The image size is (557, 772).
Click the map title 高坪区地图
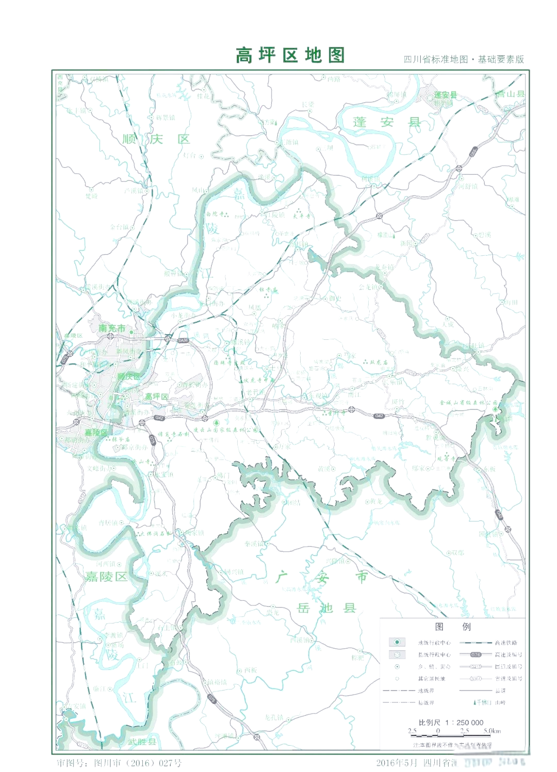(x=290, y=55)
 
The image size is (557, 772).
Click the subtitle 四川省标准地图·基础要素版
(x=464, y=59)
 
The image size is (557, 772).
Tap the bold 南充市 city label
(x=112, y=328)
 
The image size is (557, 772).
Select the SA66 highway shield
(x=183, y=340)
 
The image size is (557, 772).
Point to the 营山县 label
(x=510, y=94)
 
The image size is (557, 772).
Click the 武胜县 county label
(x=142, y=742)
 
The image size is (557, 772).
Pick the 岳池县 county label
(x=326, y=608)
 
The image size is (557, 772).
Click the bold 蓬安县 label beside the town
(x=445, y=95)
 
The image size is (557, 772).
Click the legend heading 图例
(x=453, y=627)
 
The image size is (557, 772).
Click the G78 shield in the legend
(x=476, y=654)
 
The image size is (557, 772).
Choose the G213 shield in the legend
(x=476, y=666)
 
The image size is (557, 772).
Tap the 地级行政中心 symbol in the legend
(x=397, y=642)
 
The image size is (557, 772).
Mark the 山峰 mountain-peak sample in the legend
(x=475, y=702)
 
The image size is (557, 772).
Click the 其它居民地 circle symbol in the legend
(x=397, y=679)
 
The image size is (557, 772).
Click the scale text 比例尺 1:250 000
(x=451, y=722)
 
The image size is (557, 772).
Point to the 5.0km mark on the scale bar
(x=492, y=731)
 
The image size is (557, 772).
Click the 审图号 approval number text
(x=119, y=763)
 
